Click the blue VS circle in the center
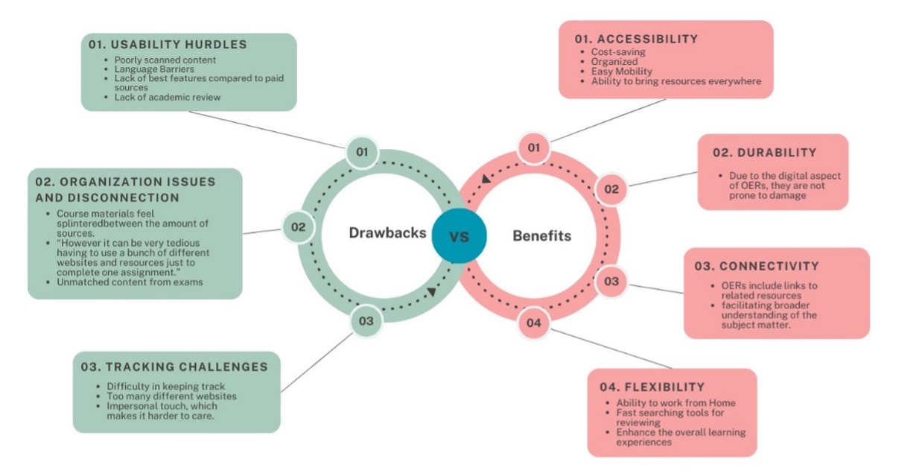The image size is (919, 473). pos(459,236)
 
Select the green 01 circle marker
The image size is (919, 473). pos(362,153)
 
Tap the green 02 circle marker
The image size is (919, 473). pos(298,226)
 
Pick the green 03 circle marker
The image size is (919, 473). pos(366,322)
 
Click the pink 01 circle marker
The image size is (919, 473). pos(533,147)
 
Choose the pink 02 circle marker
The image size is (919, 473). pos(611,189)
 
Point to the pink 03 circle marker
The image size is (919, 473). pos(611,282)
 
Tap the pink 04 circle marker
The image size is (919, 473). pos(533,323)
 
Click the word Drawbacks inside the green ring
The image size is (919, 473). pos(387,233)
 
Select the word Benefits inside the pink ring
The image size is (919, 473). pos(541,236)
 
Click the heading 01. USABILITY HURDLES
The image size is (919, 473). pos(168,45)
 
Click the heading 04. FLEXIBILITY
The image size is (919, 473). pos(652,387)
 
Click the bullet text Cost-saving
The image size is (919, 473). pos(617,52)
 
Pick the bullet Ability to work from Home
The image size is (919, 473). pos(675,403)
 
